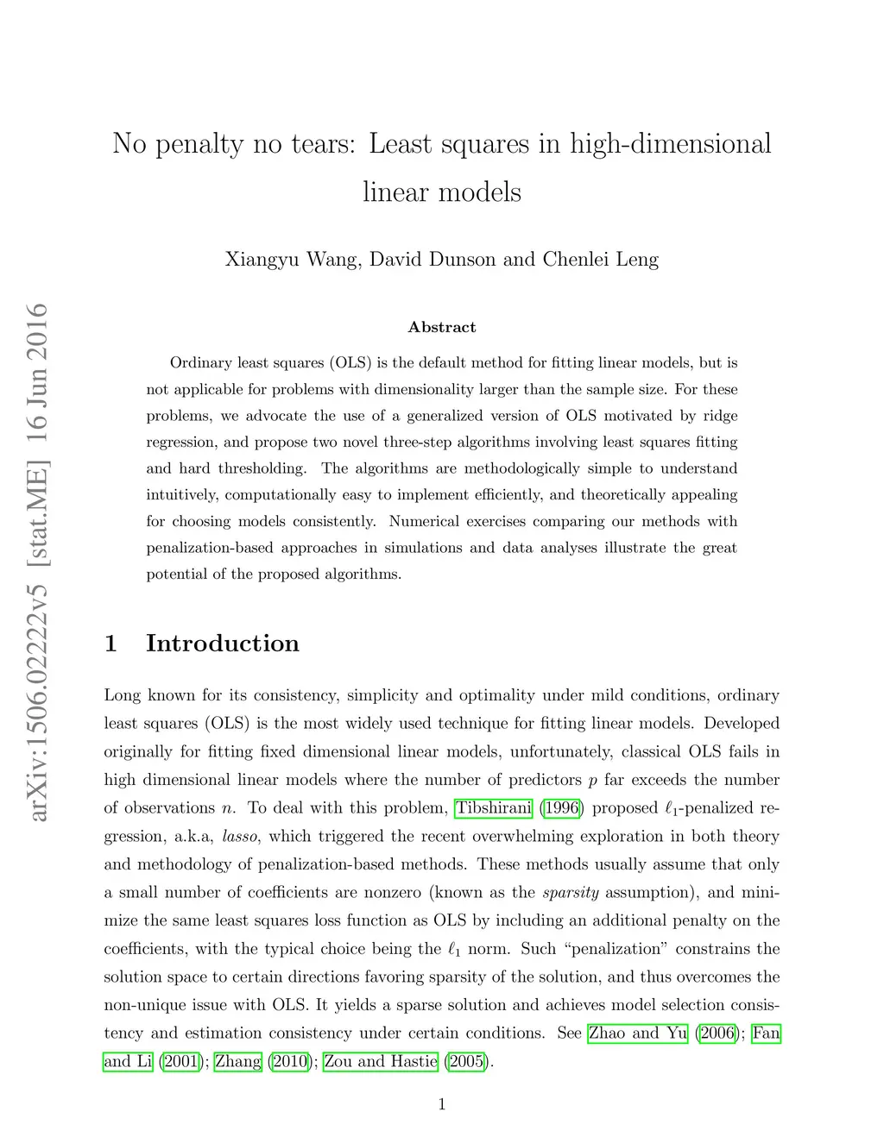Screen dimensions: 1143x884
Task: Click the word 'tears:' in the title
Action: [319, 143]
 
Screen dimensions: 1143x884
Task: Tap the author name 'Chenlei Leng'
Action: [600, 259]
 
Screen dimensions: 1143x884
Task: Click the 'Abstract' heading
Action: [442, 327]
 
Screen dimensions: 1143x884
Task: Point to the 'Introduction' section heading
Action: [222, 644]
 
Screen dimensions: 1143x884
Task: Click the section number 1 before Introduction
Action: [110, 644]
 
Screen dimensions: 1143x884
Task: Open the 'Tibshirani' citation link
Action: [494, 808]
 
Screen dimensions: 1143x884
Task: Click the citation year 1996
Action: [562, 808]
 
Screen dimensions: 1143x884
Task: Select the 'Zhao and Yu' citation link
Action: [638, 1033]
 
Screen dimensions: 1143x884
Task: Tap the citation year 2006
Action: [717, 1033]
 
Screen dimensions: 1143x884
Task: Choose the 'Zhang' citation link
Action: [238, 1062]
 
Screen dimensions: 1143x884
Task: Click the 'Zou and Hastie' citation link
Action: [381, 1062]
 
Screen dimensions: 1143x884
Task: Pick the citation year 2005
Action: [466, 1062]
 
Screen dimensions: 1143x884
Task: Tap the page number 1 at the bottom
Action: [442, 1104]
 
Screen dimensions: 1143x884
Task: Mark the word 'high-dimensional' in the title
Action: [671, 143]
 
